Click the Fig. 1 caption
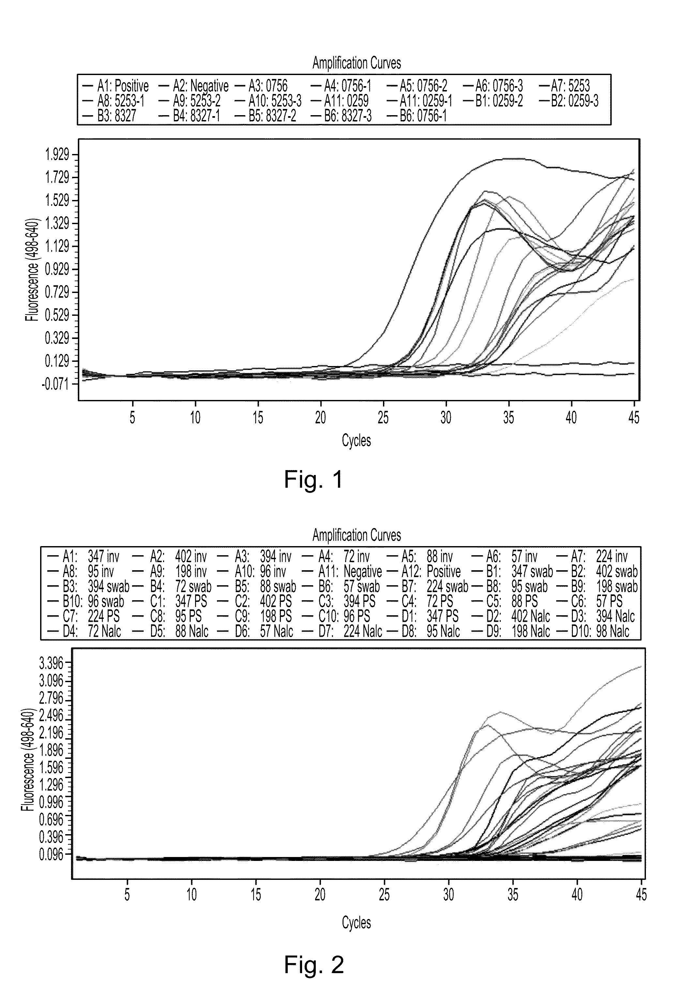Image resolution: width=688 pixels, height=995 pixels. [313, 479]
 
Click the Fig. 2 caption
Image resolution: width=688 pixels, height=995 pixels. [314, 964]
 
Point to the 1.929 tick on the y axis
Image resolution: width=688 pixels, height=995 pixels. [57, 155]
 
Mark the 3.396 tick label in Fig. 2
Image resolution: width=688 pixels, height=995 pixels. [51, 663]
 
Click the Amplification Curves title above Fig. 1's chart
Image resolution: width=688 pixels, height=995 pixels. [357, 63]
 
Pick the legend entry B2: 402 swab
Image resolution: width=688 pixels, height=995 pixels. [604, 572]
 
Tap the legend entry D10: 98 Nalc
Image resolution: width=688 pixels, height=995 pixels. [599, 632]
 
